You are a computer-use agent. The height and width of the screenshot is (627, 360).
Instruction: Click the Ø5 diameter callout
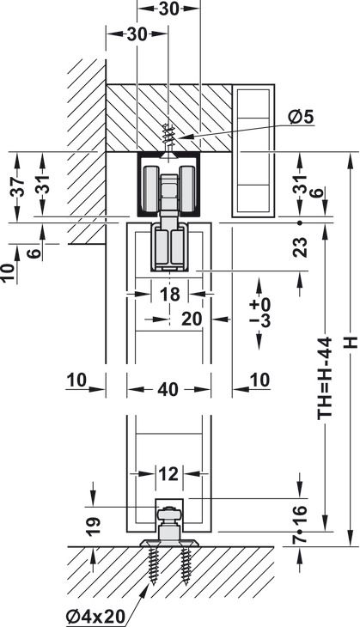pyautogui.click(x=302, y=118)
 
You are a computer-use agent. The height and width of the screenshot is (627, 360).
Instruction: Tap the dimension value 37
pyautogui.click(x=17, y=186)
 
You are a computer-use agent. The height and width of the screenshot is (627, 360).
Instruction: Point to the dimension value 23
pyautogui.click(x=301, y=247)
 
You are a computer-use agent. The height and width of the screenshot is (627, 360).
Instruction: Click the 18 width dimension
pyautogui.click(x=169, y=295)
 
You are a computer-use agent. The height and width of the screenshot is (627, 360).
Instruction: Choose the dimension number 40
pyautogui.click(x=168, y=389)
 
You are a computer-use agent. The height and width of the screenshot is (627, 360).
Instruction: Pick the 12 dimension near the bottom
pyautogui.click(x=168, y=474)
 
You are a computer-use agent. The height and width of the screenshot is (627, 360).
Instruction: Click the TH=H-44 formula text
pyautogui.click(x=325, y=378)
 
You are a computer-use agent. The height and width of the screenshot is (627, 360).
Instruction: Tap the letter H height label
pyautogui.click(x=351, y=343)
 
